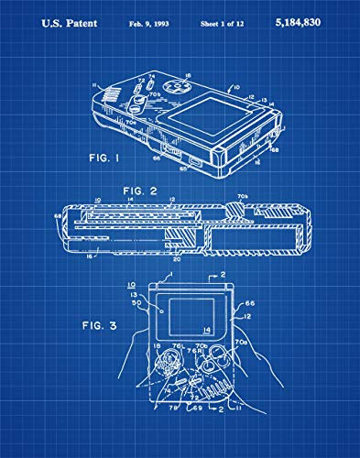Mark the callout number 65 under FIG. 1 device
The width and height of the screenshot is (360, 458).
(182, 168)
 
